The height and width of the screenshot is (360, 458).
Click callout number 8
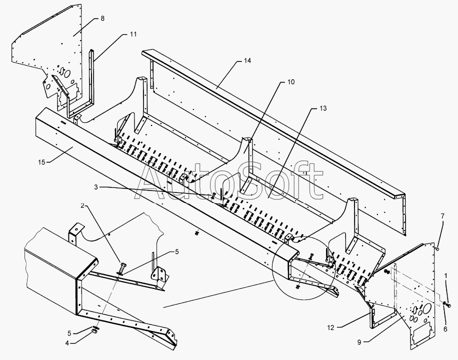[102, 18]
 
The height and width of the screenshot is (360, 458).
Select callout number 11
[133, 34]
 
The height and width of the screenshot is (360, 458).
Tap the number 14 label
[247, 60]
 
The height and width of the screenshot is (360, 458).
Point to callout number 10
[291, 82]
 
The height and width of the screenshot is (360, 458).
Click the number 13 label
[323, 108]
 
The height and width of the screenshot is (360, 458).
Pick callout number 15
[42, 162]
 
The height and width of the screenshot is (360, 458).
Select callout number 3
[96, 187]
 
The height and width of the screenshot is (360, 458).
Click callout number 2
[82, 205]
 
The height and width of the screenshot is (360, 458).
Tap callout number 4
[67, 343]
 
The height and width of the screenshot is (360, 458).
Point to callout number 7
[442, 216]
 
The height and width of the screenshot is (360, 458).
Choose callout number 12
[330, 327]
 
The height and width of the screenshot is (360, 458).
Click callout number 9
[359, 342]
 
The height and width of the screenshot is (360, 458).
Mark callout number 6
[445, 329]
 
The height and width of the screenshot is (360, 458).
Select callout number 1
[445, 275]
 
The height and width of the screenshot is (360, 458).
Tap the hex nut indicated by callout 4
[94, 331]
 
